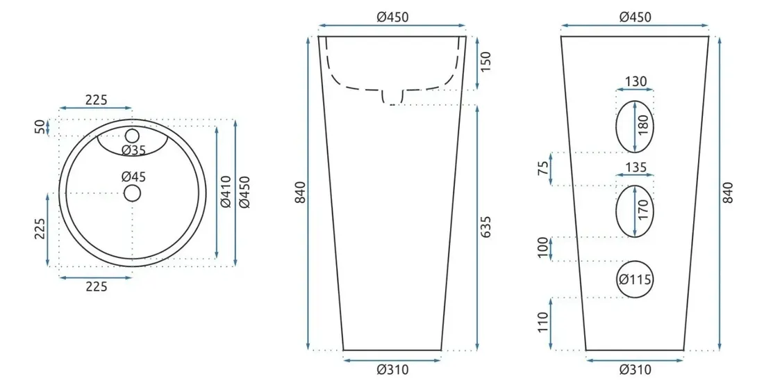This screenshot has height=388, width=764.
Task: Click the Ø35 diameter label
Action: [x=133, y=150]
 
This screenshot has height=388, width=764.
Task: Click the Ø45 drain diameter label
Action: [x=133, y=177]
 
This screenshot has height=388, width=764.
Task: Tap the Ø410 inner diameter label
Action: [x=226, y=192]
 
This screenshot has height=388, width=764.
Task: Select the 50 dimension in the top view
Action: [x=40, y=127]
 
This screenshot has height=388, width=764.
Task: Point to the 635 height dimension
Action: [x=485, y=227]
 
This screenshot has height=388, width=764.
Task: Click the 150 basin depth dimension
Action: [x=485, y=61]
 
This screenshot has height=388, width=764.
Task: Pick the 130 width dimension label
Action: [x=636, y=81]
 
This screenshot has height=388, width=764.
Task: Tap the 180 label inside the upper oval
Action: [x=643, y=125]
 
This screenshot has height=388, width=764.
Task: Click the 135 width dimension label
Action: [x=636, y=168]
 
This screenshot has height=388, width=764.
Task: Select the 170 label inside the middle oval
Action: [x=643, y=210]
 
